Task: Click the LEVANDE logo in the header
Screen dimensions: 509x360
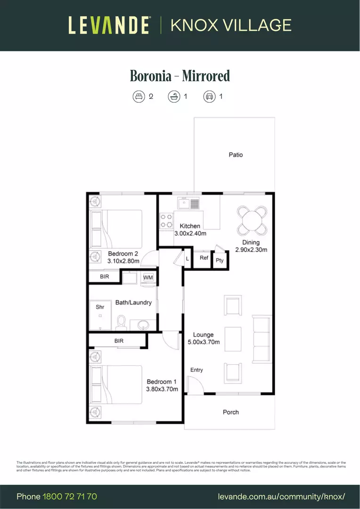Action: click(109, 25)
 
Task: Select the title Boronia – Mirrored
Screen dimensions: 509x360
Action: click(180, 75)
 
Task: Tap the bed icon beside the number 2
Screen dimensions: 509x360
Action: click(138, 97)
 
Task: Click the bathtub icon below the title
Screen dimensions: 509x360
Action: click(174, 97)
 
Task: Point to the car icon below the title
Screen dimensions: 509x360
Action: click(209, 97)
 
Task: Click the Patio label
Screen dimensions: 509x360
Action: click(236, 155)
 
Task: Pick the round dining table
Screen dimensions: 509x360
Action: click(251, 221)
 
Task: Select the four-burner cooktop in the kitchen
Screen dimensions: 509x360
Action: click(166, 221)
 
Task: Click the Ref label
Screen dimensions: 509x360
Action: click(204, 258)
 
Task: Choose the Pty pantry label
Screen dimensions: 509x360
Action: click(220, 260)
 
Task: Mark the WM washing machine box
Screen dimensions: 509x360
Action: click(148, 278)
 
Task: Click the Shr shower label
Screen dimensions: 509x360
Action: click(100, 307)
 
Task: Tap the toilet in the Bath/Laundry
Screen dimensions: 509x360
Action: click(121, 322)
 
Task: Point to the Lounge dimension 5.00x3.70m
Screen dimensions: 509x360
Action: click(204, 342)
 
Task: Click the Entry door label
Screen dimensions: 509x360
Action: click(196, 370)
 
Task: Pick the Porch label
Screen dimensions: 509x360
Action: click(230, 412)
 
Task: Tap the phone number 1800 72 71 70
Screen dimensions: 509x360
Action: click(70, 497)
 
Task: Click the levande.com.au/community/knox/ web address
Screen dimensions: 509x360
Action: click(282, 497)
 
